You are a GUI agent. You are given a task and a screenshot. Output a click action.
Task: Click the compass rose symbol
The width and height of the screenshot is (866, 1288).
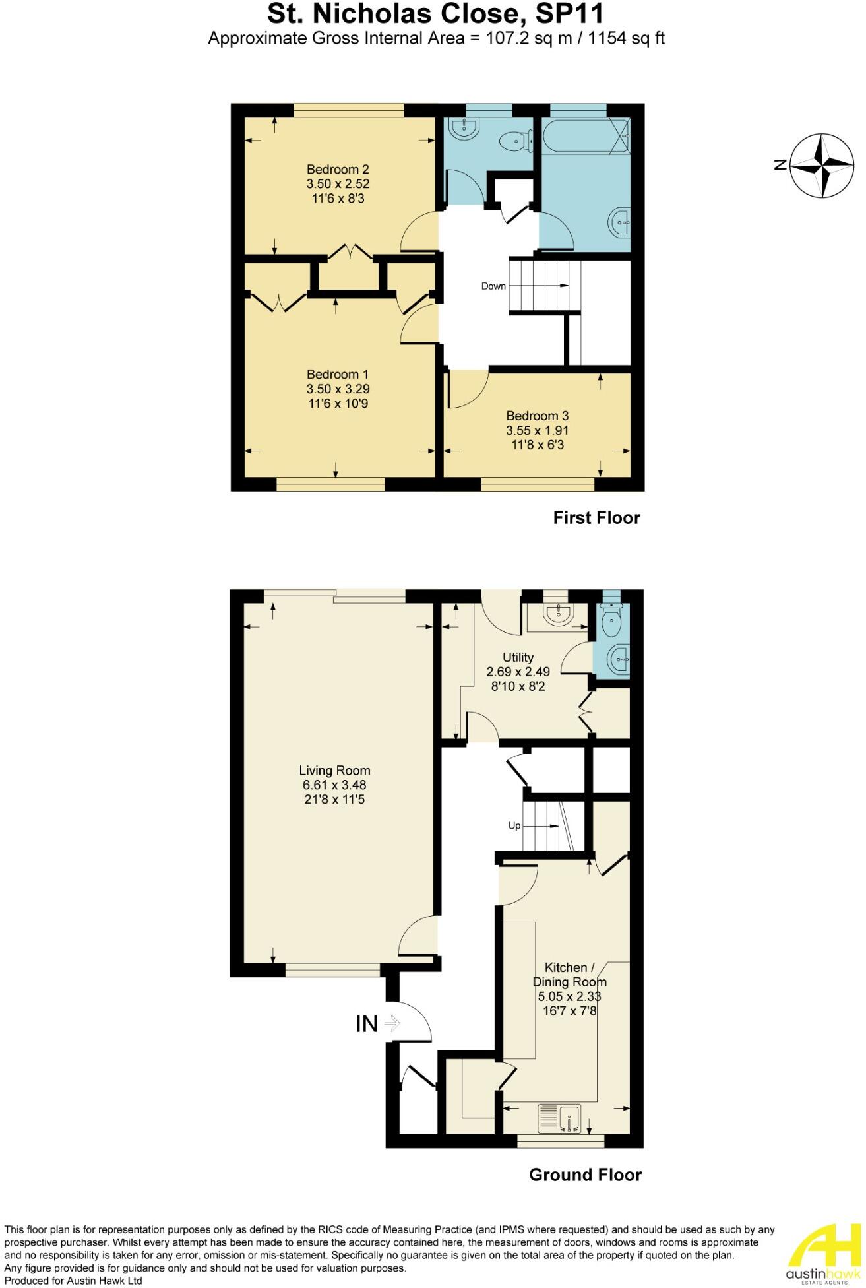point(822,165)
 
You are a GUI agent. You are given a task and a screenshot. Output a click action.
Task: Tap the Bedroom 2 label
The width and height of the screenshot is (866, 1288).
point(337,170)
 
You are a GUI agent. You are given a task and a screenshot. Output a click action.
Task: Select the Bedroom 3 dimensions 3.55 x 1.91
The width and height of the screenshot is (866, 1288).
point(537,430)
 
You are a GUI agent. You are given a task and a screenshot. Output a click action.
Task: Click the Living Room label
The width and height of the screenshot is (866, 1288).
point(334,771)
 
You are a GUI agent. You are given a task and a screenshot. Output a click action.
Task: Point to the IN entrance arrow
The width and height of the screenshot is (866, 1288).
point(392,1023)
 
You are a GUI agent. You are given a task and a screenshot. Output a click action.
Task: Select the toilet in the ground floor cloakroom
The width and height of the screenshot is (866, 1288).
point(612,618)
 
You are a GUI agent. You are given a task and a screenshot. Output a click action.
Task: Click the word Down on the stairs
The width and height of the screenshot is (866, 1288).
point(493,286)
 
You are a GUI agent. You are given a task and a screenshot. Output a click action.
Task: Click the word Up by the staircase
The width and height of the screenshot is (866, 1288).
point(514,825)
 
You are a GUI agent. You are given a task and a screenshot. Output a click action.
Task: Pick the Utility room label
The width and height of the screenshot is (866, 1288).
point(518,657)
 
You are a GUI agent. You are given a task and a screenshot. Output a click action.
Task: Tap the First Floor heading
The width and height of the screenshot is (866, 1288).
point(596,518)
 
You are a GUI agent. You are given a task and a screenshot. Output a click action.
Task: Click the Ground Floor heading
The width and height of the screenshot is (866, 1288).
point(585,1175)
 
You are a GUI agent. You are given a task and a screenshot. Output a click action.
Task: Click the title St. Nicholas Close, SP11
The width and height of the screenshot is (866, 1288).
point(435,14)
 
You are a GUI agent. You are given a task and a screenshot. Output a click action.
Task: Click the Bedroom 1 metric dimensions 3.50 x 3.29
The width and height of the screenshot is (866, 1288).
point(337,389)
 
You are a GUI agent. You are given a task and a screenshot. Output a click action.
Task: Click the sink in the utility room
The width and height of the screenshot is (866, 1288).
point(558,614)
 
